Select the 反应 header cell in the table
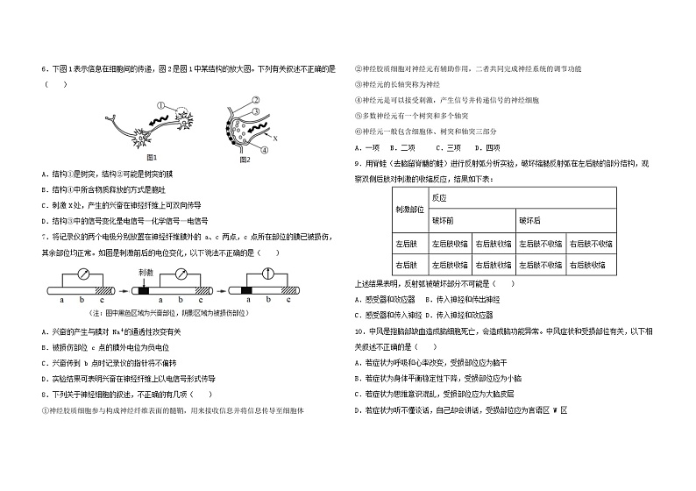click(x=438, y=197)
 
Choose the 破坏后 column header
click(x=529, y=220)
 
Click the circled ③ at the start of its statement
click(x=359, y=85)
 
